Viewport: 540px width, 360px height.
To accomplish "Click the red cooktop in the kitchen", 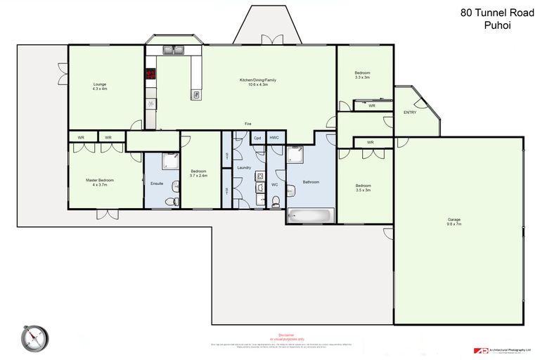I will pyautogui.click(x=150, y=73).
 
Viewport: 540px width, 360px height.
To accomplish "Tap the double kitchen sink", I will pyautogui.click(x=172, y=50).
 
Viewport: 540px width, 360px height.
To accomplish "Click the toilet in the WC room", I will pyautogui.click(x=274, y=202).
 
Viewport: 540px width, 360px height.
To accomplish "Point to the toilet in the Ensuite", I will pyautogui.click(x=169, y=202).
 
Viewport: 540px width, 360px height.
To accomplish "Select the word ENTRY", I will pyautogui.click(x=409, y=112).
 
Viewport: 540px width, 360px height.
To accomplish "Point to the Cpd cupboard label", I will pyautogui.click(x=257, y=138).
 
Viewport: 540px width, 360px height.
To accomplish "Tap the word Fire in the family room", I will pyautogui.click(x=248, y=124).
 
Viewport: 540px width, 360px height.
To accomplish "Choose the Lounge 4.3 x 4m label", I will pyautogui.click(x=100, y=86).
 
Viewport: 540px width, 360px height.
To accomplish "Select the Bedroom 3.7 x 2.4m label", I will pyautogui.click(x=199, y=173).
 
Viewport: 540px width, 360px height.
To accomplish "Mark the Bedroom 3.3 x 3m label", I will pyautogui.click(x=362, y=75).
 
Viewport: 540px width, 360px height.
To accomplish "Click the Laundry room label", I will pyautogui.click(x=244, y=167).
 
